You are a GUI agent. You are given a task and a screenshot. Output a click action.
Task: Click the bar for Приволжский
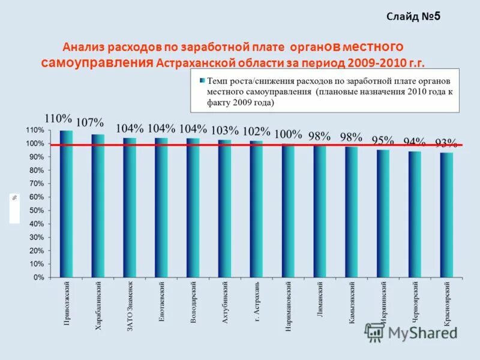pos(66,204)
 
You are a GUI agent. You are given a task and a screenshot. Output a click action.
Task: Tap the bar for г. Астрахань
pos(256,209)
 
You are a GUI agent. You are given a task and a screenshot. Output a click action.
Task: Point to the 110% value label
pos(58,119)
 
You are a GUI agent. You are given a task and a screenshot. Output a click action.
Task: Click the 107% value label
pos(90,123)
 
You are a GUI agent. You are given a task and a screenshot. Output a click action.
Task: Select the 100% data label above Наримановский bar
pos(288,134)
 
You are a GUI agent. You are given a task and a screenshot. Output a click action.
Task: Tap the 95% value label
pos(383,141)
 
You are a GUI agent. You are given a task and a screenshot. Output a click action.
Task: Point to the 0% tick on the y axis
pos(38,278)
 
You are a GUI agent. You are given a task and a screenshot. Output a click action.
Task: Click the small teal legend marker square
pos(202,80)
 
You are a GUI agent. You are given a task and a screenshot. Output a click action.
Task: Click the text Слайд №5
pos(413,16)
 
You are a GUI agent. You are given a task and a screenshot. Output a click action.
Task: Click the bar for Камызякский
pos(352,212)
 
